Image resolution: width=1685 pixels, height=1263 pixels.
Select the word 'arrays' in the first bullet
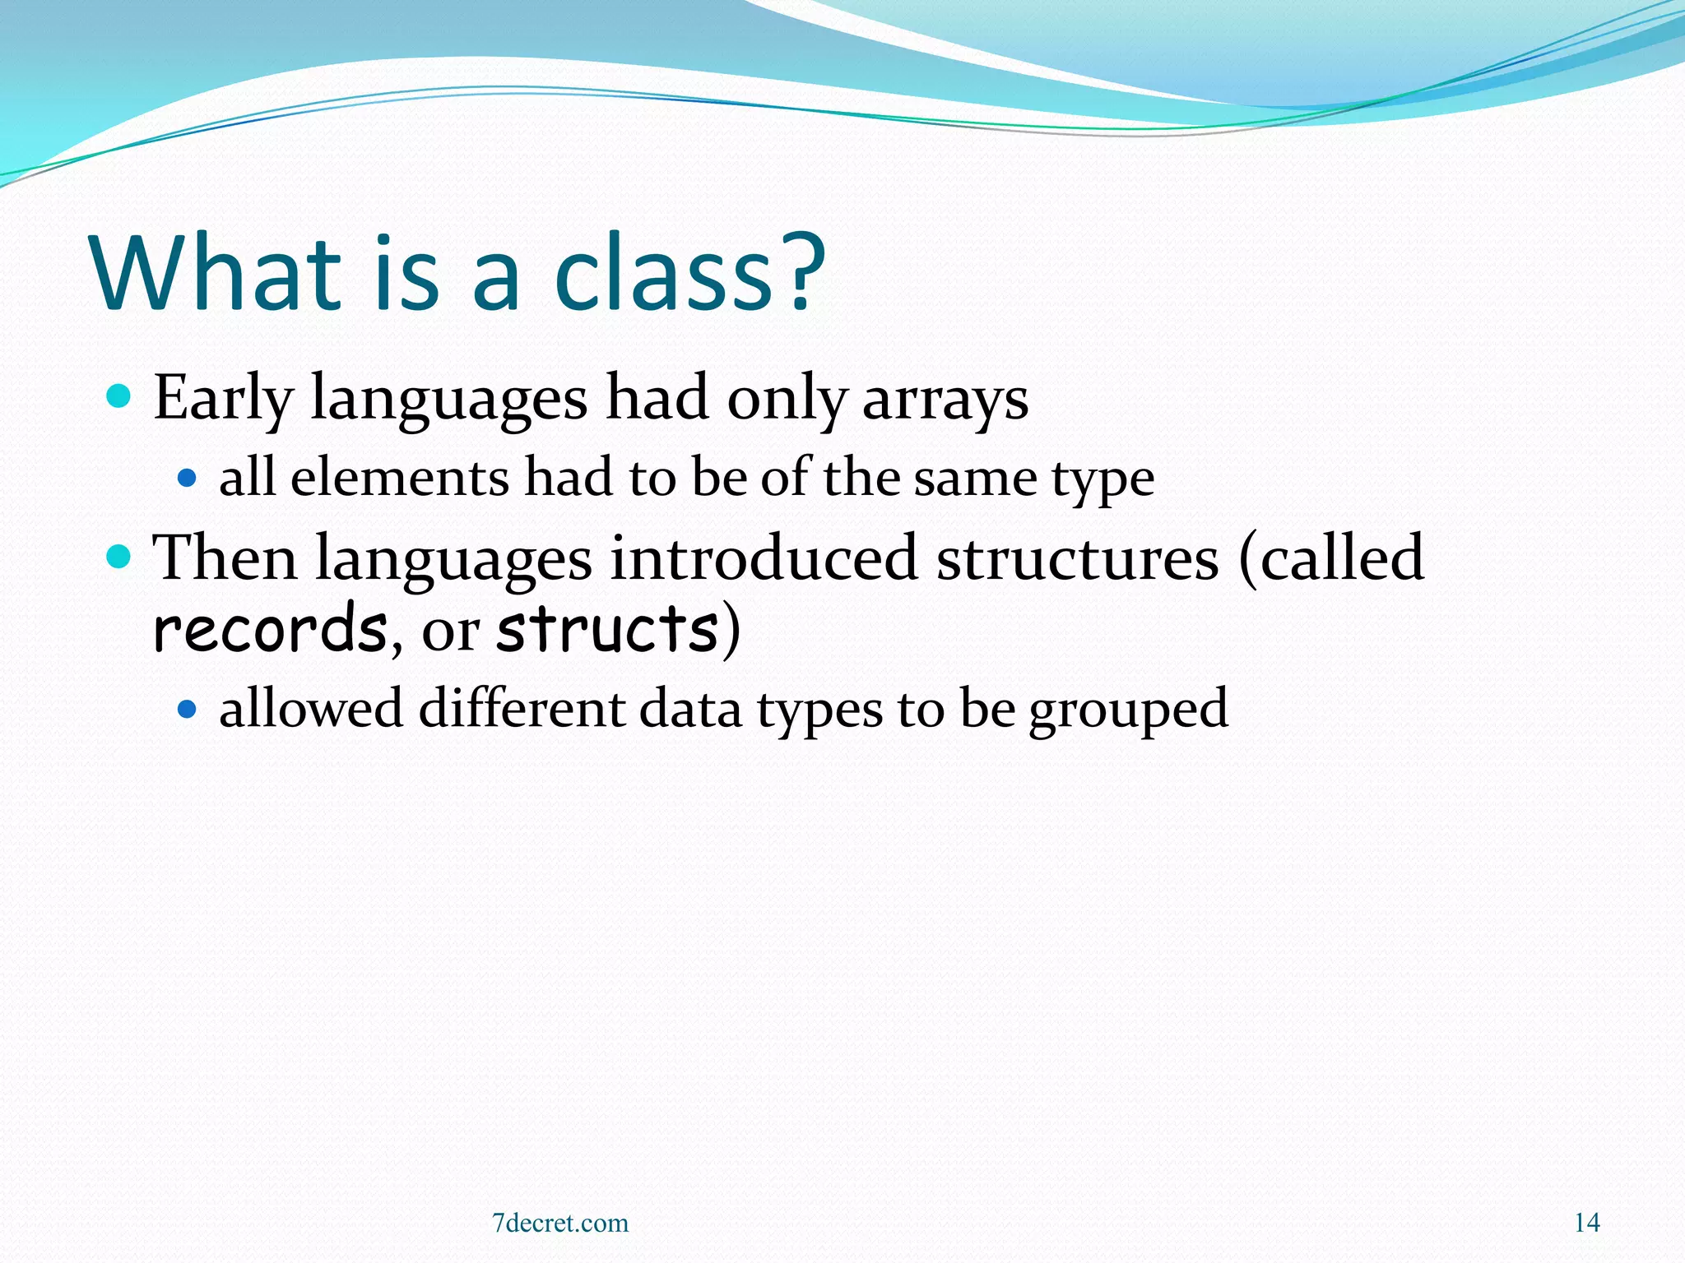pos(945,400)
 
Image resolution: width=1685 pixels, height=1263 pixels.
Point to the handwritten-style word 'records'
pos(270,629)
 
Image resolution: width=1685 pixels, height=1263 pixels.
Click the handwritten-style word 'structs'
pos(608,629)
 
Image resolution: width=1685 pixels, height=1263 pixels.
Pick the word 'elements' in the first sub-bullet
pos(400,478)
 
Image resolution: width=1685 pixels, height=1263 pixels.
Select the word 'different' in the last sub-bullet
pos(521,708)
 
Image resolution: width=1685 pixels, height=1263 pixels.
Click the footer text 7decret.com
pos(560,1223)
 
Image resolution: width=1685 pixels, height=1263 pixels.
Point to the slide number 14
pos(1586,1223)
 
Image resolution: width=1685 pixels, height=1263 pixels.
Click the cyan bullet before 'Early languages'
pos(119,397)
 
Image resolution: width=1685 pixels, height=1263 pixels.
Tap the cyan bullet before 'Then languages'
pos(119,557)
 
